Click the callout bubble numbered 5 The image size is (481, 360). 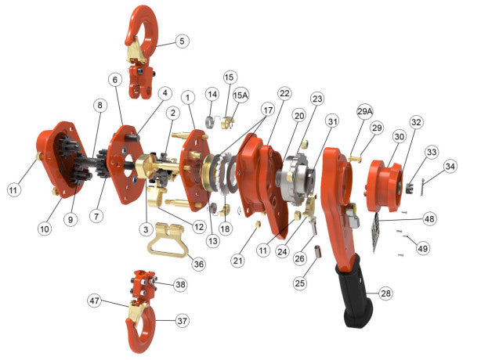pyautogui.click(x=182, y=41)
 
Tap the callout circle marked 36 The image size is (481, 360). pyautogui.click(x=198, y=265)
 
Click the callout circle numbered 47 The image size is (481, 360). pyautogui.click(x=95, y=300)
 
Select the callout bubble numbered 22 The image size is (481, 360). pyautogui.click(x=284, y=93)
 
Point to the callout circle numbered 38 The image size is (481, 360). pyautogui.click(x=181, y=285)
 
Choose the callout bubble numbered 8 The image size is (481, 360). pyautogui.click(x=99, y=105)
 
